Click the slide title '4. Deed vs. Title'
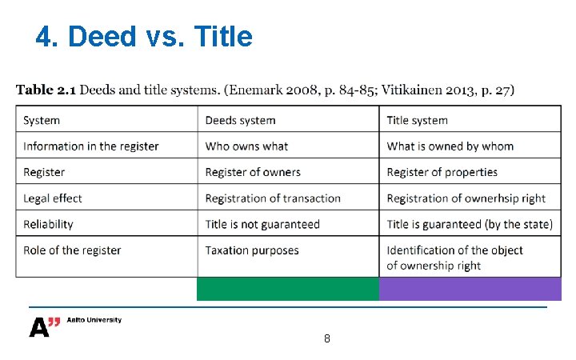point(144,36)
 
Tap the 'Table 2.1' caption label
point(46,90)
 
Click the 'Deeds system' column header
point(240,121)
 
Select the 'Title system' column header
point(417,121)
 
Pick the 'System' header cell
point(42,121)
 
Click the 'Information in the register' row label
point(91,146)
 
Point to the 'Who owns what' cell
point(246,146)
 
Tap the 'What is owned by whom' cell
point(450,146)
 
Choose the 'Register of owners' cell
point(253,172)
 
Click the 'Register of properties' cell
point(442,172)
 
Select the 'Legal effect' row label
point(53,198)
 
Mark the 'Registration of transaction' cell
point(273,198)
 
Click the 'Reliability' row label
point(48,224)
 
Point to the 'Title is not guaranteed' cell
point(262,224)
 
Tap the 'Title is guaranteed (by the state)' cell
point(470,224)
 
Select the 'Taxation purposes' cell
point(252,250)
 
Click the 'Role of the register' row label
point(72,250)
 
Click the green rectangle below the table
point(288,289)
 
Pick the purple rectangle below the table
point(470,289)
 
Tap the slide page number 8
point(327,338)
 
